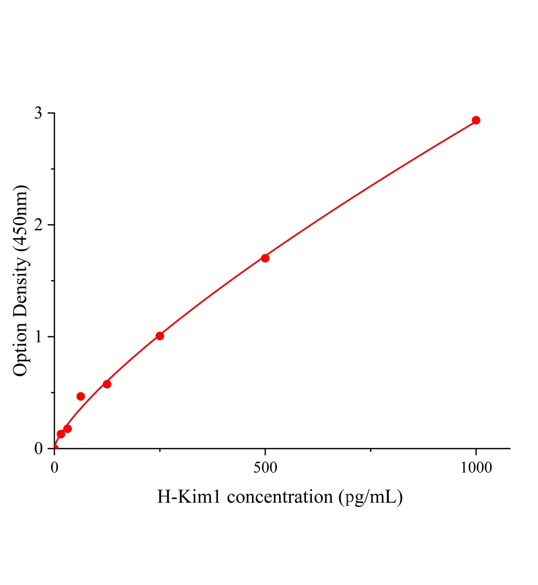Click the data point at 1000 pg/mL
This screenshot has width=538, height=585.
click(476, 120)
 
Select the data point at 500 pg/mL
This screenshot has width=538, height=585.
click(265, 258)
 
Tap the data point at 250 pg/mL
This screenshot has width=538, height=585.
click(160, 336)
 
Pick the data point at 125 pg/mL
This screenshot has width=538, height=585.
click(107, 384)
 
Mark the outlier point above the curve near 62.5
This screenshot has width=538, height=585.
click(81, 396)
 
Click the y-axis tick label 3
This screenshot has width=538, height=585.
click(39, 113)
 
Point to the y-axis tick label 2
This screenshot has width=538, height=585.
click(39, 225)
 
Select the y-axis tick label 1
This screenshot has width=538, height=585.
click(39, 337)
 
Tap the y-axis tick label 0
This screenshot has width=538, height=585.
click(39, 448)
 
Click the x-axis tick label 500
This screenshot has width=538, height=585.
click(265, 468)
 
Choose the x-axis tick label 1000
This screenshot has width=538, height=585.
click(476, 468)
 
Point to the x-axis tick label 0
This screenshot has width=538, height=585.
click(55, 468)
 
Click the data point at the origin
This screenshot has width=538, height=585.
click(55, 448)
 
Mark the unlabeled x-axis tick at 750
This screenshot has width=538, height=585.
click(371, 450)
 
